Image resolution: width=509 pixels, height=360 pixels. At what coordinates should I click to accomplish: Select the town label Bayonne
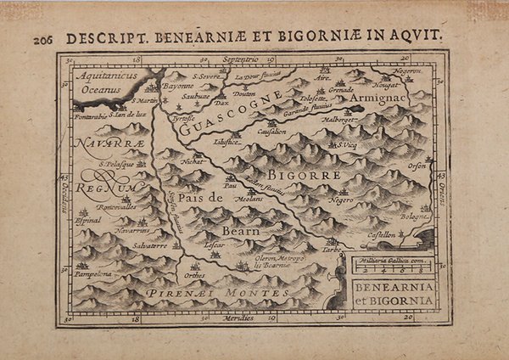pos(178,87)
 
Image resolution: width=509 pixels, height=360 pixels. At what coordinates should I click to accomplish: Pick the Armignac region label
pos(399,100)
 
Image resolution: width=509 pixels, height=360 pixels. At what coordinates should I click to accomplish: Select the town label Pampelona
pos(98,276)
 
